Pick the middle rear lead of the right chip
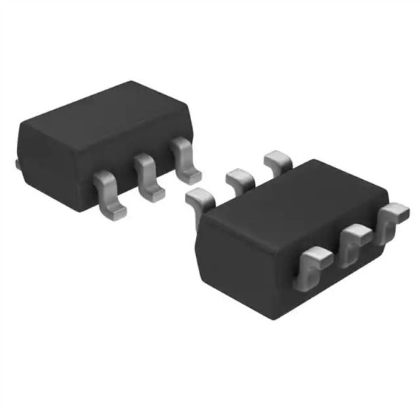click(x=239, y=181)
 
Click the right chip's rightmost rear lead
click(x=277, y=162)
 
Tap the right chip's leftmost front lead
click(x=311, y=269)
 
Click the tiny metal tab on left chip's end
click(x=16, y=164)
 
